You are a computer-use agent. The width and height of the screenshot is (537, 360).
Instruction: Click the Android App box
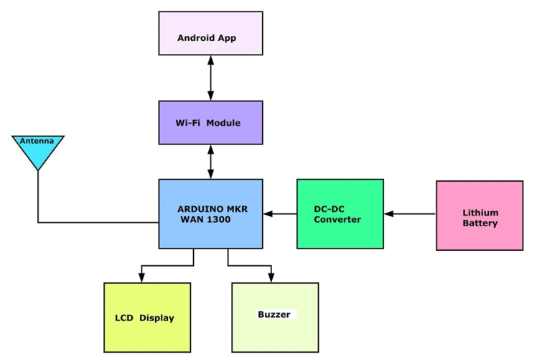[x=210, y=33]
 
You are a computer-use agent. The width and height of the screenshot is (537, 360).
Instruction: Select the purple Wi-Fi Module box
[x=210, y=122]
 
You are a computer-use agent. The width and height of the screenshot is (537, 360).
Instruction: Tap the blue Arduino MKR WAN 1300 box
[x=210, y=213]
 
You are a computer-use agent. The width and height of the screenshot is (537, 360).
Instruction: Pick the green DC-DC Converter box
[x=340, y=213]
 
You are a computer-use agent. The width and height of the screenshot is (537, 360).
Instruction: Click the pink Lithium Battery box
[x=479, y=215]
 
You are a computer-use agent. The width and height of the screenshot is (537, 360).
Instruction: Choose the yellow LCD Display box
[x=147, y=317]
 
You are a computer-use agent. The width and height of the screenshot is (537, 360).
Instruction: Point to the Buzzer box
[x=274, y=317]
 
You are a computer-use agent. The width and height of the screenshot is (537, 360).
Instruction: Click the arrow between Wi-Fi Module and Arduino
[x=210, y=162]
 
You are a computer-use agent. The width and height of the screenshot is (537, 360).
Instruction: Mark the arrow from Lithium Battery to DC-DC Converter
[x=410, y=213]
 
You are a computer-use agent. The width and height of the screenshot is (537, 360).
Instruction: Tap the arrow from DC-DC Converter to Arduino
[x=280, y=213]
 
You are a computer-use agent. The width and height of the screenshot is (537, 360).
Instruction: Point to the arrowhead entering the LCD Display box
[x=141, y=278]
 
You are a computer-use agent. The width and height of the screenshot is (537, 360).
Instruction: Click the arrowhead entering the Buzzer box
[x=271, y=278]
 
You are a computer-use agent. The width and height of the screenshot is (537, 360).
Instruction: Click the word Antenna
[x=37, y=141]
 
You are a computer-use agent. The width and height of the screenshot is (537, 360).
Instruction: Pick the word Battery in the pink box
[x=480, y=223]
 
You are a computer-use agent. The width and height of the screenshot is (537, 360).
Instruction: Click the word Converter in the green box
[x=337, y=219]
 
